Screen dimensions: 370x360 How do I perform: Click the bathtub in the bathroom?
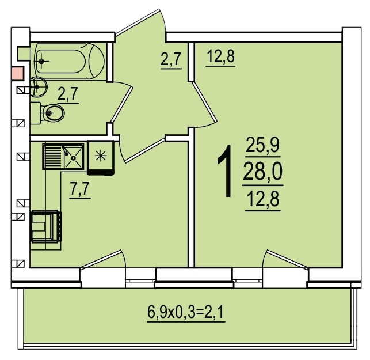[69, 62]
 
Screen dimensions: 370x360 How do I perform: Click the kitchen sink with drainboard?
[63, 157]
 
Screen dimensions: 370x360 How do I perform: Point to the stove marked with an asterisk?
[101, 158]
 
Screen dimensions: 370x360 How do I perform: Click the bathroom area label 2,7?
[68, 94]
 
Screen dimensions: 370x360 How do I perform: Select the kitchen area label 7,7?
[80, 189]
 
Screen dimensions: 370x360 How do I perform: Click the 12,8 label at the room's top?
[220, 57]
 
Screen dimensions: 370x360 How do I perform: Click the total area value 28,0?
[262, 172]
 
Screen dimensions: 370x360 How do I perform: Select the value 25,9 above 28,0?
[262, 145]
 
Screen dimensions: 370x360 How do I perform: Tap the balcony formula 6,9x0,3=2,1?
[186, 312]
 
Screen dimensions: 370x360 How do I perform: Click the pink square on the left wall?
[18, 73]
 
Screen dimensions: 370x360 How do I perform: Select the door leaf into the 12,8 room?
[204, 101]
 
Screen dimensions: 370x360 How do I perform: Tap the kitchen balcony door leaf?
[101, 259]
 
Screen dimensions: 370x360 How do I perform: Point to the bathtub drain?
[41, 62]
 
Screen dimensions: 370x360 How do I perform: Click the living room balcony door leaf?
[287, 259]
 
